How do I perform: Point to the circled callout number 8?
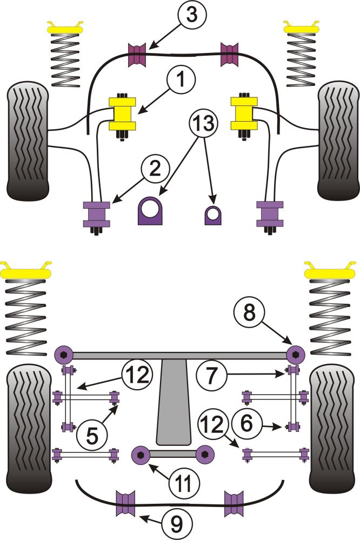point(248,312)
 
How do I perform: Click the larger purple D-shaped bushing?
point(151,211)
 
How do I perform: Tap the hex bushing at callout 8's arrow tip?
point(296,355)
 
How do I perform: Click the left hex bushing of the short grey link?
point(141,454)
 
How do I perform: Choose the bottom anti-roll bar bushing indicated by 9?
point(125,503)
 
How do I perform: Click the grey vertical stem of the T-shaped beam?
point(171,405)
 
